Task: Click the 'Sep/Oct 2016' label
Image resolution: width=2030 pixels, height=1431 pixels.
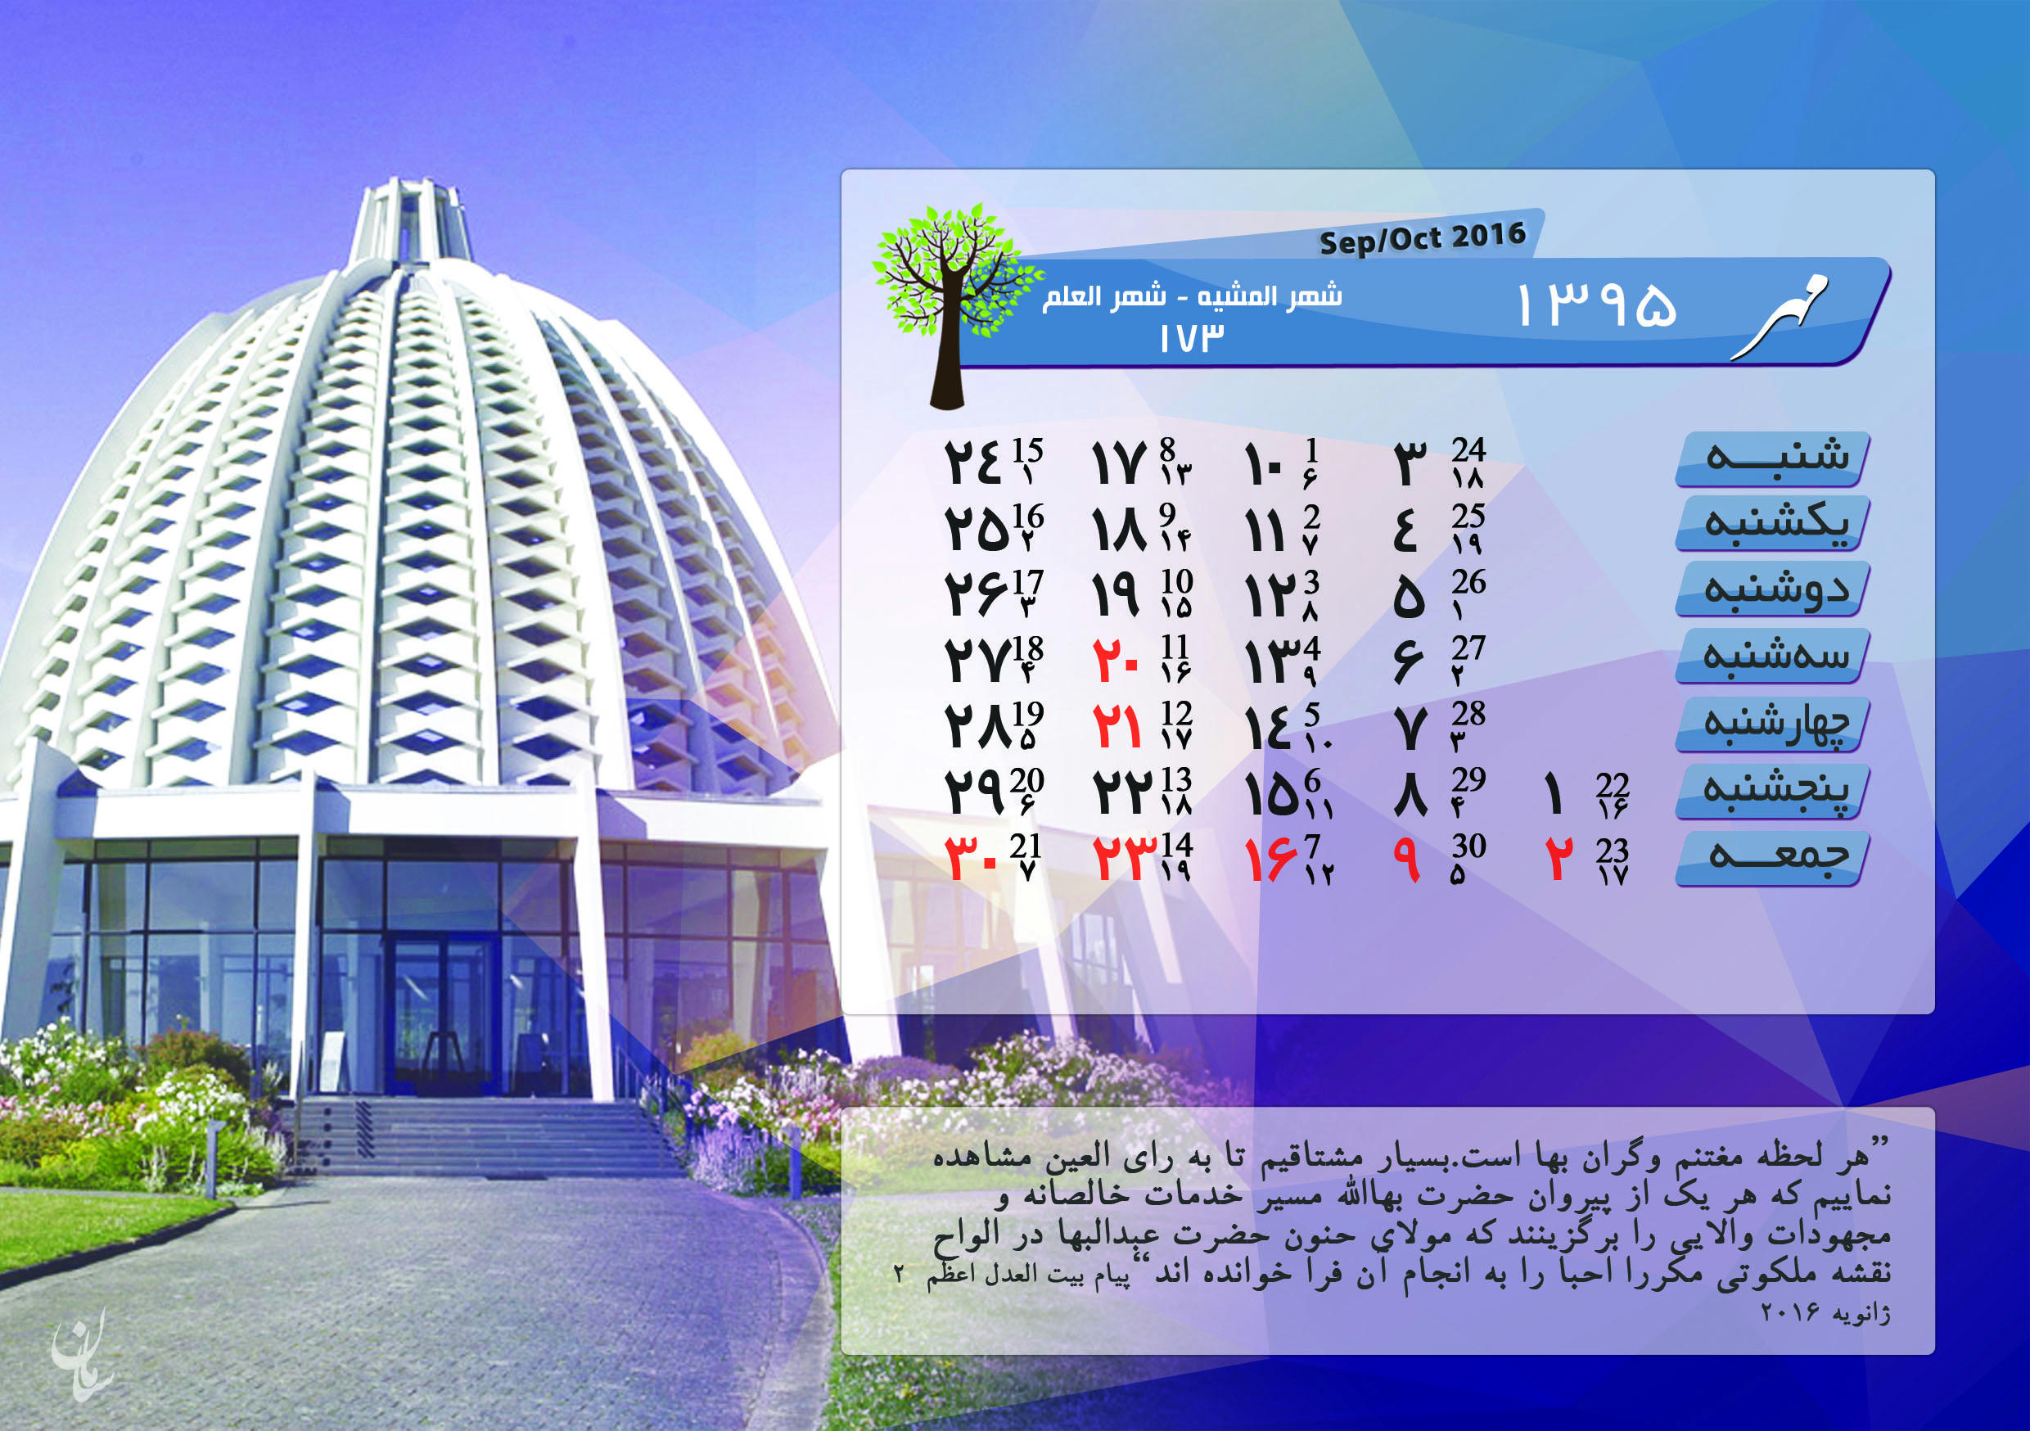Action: (1423, 238)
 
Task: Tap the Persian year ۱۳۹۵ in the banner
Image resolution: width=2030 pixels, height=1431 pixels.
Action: (1596, 306)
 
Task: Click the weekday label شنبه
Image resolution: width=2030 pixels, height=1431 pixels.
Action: (1777, 455)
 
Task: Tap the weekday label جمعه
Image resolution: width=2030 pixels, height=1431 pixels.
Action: (1778, 855)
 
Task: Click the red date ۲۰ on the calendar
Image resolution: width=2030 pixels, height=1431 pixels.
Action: (1116, 660)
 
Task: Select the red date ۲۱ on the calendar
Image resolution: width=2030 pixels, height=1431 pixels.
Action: (1117, 726)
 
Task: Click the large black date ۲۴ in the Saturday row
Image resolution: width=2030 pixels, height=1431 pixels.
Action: (972, 462)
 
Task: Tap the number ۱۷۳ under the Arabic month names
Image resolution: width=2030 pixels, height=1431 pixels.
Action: (1193, 338)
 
